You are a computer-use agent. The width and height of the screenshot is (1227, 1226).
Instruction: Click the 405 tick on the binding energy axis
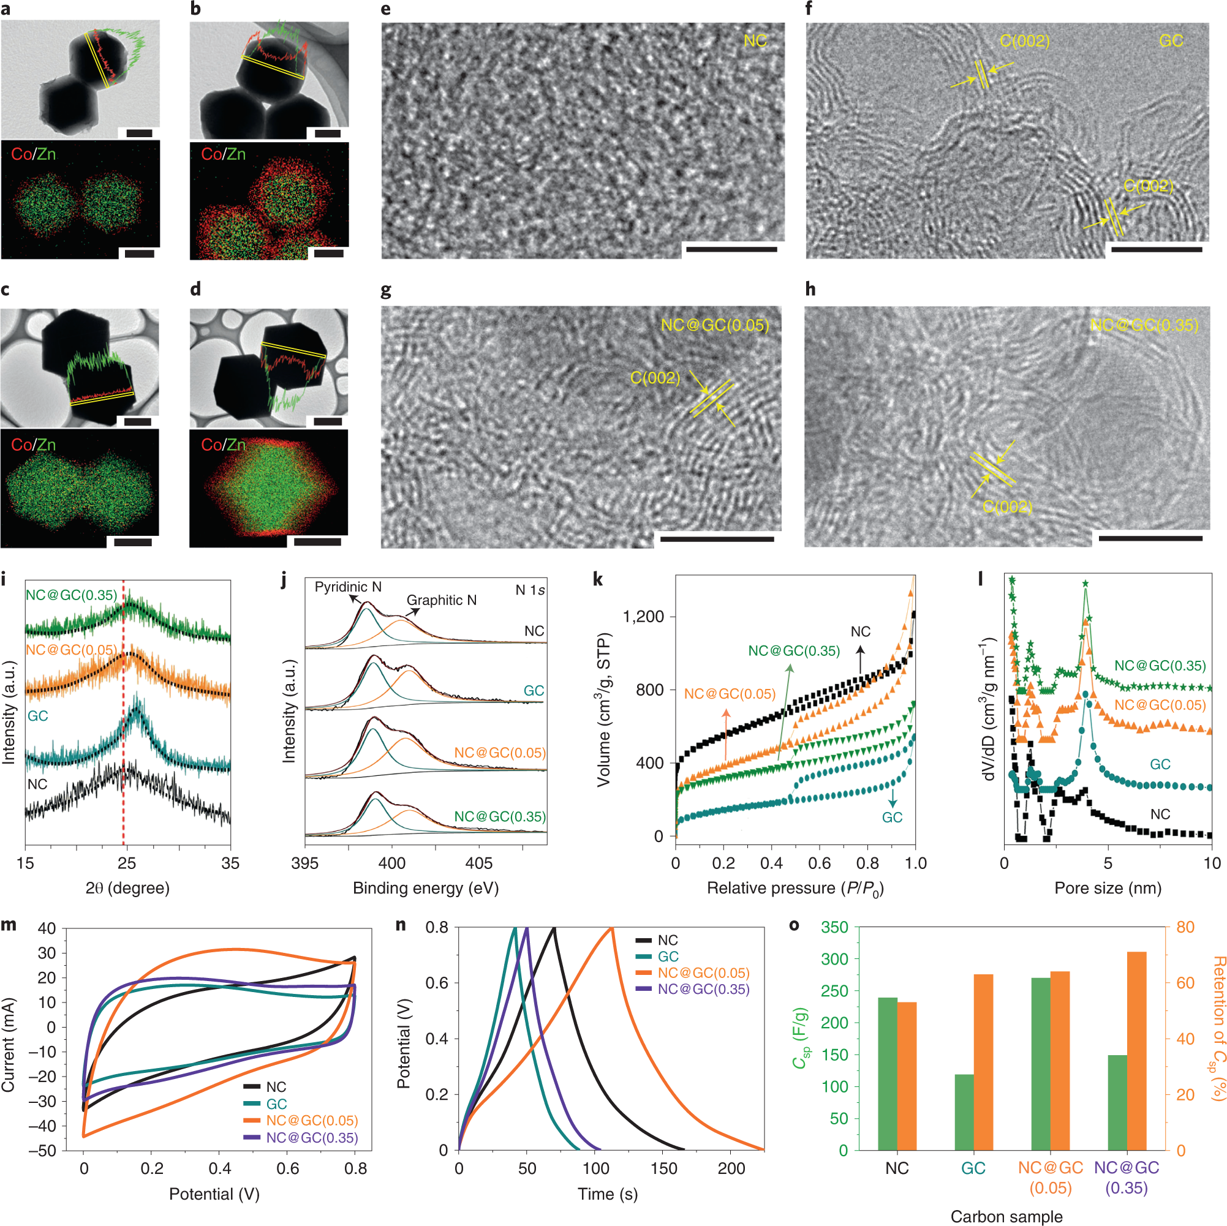(478, 863)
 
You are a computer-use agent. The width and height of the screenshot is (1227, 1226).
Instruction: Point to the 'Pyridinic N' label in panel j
(348, 587)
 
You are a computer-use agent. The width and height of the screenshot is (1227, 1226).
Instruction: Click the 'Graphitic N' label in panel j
(442, 600)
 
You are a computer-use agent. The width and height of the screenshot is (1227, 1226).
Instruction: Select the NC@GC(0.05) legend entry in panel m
(311, 1121)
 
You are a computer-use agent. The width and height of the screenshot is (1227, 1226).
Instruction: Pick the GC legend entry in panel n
(668, 956)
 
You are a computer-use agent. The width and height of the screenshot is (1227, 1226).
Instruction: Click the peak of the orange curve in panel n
(611, 928)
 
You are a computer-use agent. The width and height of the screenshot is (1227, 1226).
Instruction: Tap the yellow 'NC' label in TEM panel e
(755, 41)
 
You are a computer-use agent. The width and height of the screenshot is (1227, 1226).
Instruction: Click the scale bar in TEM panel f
(1157, 249)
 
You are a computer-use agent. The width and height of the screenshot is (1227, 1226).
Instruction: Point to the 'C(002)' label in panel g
(655, 378)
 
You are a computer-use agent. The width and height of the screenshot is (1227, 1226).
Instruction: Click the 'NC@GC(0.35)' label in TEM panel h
(1144, 326)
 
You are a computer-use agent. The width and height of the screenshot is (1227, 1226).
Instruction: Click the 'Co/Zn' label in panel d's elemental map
(223, 445)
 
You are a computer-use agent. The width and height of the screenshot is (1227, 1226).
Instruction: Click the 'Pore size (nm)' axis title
(1108, 887)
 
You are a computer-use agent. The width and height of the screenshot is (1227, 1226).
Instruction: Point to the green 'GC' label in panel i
(37, 715)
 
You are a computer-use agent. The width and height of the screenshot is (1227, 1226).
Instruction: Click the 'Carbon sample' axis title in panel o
(1006, 1216)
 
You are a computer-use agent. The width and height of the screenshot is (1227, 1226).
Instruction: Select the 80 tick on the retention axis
(1185, 927)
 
